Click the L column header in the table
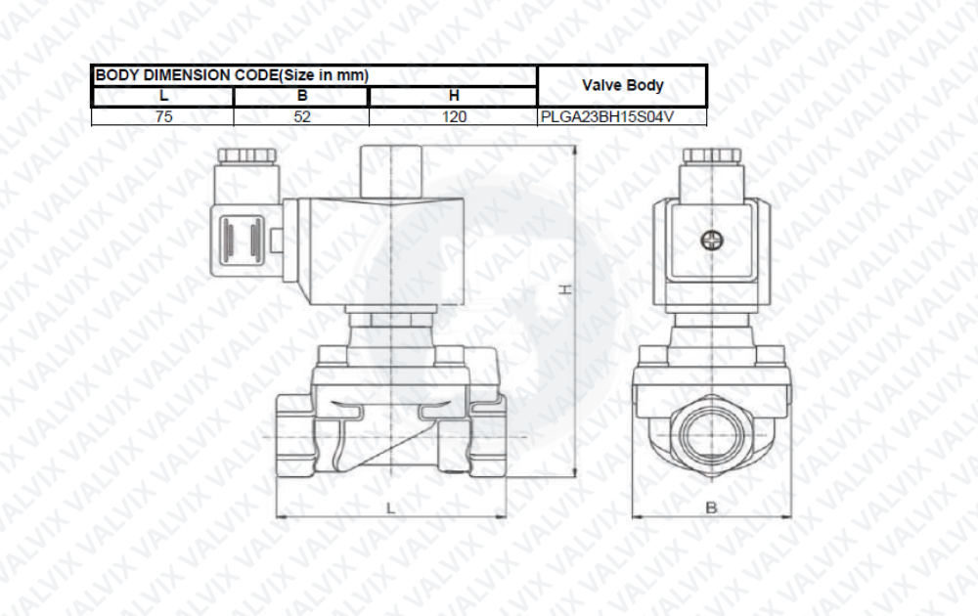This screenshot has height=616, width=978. click(163, 96)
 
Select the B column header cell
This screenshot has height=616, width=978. click(302, 96)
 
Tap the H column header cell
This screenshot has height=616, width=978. click(454, 96)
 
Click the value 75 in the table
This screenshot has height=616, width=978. click(163, 116)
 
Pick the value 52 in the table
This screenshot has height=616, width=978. click(302, 116)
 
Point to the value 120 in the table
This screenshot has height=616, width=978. click(454, 116)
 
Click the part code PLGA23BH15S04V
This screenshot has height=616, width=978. click(607, 116)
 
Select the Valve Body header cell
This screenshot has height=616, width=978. click(622, 85)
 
